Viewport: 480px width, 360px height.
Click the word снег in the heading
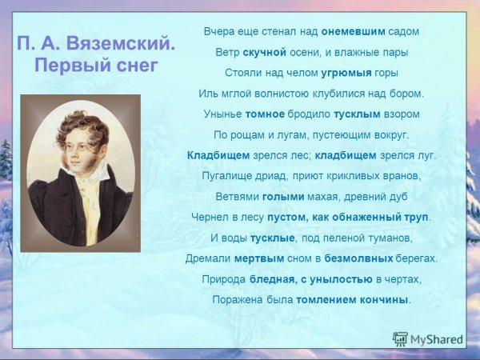[130, 66]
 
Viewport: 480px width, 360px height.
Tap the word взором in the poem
[402, 114]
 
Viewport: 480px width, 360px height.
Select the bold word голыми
[283, 196]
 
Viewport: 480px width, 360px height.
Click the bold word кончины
[386, 300]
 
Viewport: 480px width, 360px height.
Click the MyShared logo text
[436, 339]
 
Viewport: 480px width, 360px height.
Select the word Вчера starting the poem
[219, 31]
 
